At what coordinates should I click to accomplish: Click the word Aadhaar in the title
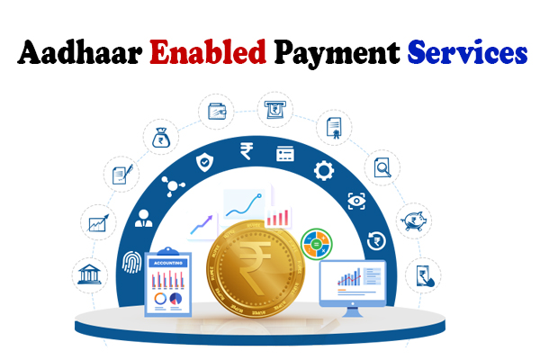[80, 53]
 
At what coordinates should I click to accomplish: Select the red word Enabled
[208, 52]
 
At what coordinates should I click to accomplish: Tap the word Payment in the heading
[337, 54]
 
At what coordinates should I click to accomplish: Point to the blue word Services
[467, 52]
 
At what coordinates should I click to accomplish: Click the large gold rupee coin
[256, 269]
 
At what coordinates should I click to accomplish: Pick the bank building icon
[89, 274]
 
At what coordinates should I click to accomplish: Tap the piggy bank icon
[414, 220]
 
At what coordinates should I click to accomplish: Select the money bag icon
[161, 138]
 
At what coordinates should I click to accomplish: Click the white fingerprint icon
[132, 263]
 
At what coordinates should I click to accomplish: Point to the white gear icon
[324, 170]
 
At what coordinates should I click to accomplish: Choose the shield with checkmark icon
[204, 162]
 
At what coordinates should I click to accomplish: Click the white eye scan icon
[356, 201]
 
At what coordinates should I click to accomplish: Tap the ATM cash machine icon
[274, 110]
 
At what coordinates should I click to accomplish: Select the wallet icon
[217, 112]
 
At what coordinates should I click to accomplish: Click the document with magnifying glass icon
[382, 167]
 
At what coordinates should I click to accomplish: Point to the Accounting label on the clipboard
[168, 263]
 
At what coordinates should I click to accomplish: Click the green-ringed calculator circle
[316, 244]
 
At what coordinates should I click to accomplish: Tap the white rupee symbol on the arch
[247, 151]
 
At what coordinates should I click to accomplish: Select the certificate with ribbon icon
[334, 128]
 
